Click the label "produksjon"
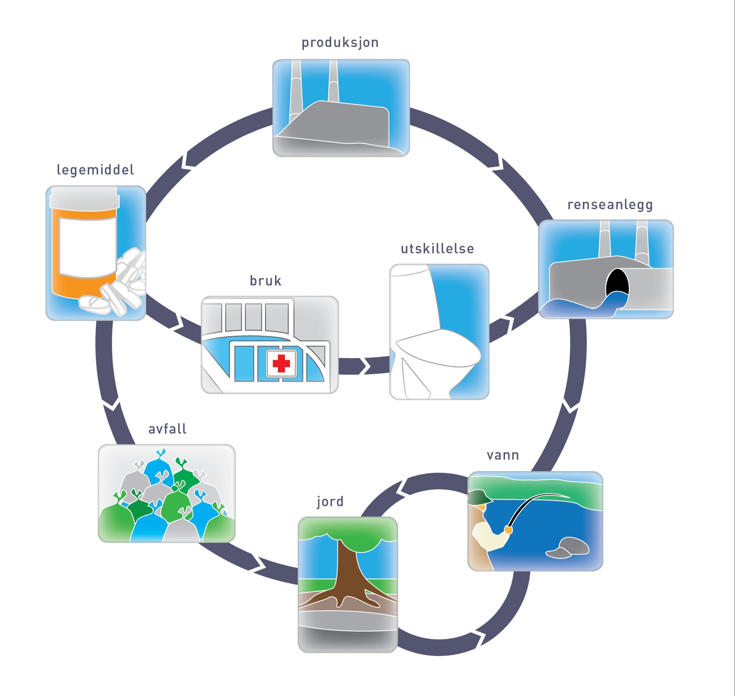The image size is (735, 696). (340, 43)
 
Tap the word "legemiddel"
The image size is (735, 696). (95, 170)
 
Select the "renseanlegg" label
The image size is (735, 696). (610, 205)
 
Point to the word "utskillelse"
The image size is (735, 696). (437, 249)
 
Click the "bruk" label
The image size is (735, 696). (266, 281)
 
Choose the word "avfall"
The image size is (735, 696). (167, 429)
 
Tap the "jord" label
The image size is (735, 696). (330, 501)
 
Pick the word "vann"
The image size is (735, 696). (503, 455)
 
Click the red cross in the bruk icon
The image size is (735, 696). (281, 363)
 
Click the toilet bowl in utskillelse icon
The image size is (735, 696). (438, 347)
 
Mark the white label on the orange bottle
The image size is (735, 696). (88, 247)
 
